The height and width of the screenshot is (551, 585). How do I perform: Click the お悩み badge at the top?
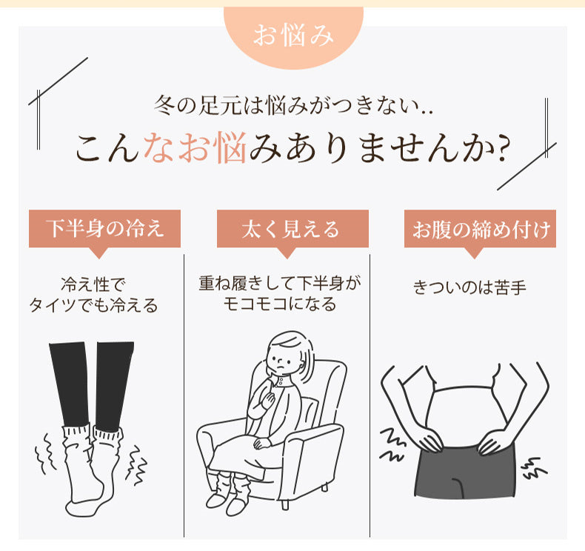(293, 35)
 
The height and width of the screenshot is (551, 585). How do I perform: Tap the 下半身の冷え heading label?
(104, 229)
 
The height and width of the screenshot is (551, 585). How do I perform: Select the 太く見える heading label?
(292, 229)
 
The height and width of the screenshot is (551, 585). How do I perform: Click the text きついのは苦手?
(469, 287)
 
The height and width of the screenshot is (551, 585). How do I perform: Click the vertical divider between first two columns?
(184, 393)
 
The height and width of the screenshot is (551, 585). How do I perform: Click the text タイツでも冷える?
(93, 304)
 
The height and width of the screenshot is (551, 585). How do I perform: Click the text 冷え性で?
(93, 284)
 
